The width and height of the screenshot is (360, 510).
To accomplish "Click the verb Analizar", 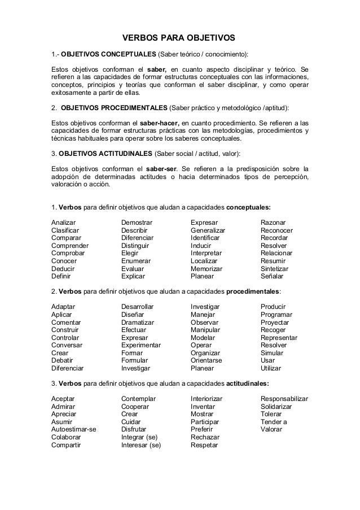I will [64, 222].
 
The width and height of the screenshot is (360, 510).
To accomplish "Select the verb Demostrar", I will [137, 222].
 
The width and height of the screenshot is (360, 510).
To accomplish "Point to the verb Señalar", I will [272, 277].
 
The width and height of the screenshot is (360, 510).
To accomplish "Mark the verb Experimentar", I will [141, 345].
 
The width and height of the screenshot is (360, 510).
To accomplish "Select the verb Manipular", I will [205, 329].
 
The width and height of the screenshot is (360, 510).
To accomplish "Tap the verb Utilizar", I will [271, 368].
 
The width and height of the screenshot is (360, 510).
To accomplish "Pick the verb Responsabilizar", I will [284, 398].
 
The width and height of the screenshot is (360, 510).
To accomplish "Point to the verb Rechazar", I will [205, 437].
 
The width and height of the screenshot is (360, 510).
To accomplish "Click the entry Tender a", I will [274, 421].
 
